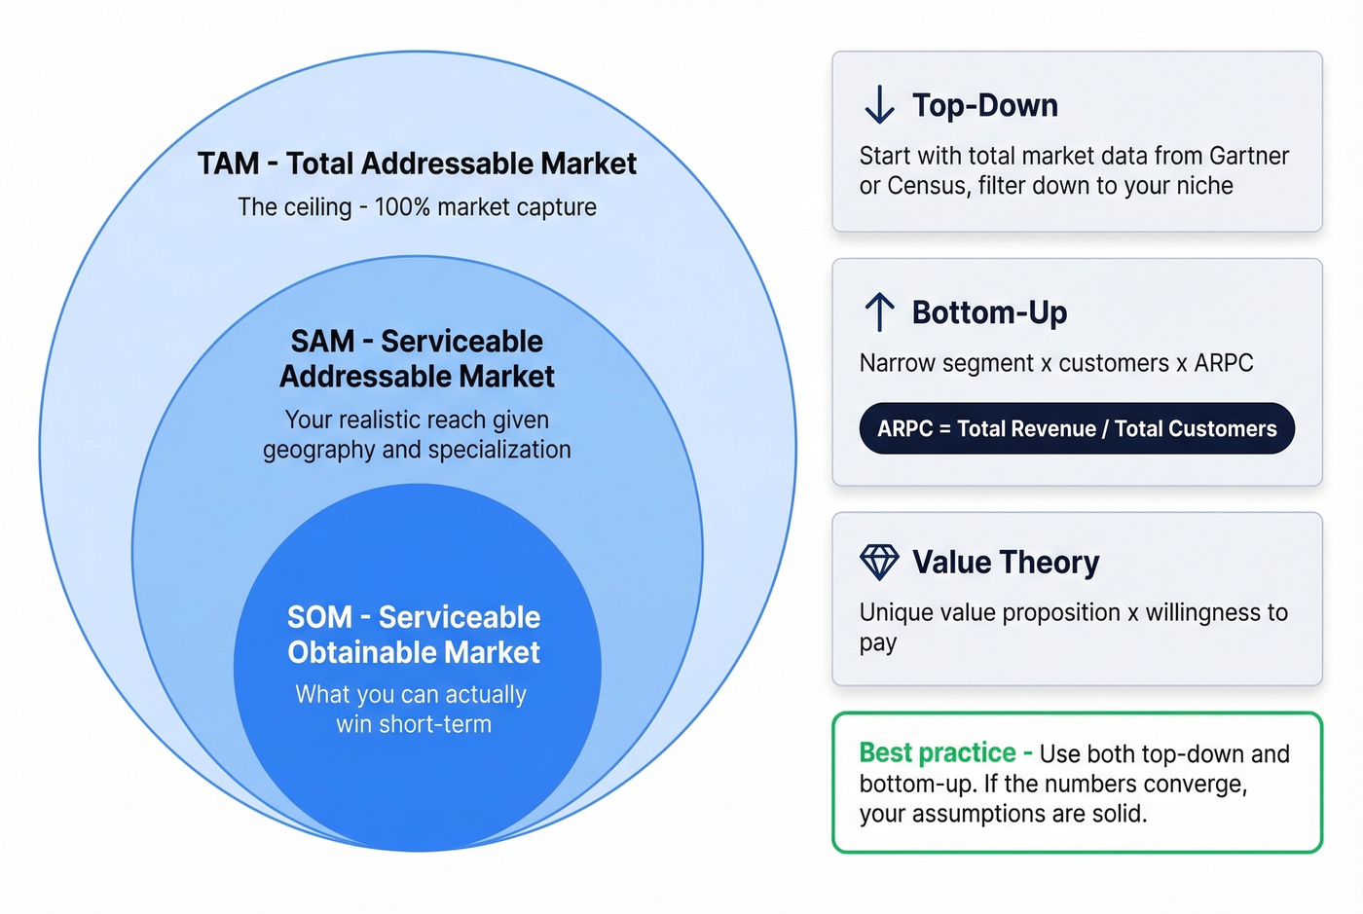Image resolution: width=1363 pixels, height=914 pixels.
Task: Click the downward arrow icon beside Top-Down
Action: (x=879, y=104)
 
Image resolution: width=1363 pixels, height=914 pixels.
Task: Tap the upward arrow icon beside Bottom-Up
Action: (x=879, y=311)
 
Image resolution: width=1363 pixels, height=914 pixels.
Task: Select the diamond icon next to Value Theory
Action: (x=879, y=562)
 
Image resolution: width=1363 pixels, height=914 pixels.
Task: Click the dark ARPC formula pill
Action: (x=1076, y=428)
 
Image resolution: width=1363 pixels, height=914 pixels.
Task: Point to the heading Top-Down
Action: (x=984, y=105)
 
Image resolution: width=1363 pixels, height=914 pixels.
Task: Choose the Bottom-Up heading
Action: (x=989, y=312)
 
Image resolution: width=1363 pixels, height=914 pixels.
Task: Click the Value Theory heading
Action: (x=1005, y=563)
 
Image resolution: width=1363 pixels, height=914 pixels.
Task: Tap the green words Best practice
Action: (x=937, y=752)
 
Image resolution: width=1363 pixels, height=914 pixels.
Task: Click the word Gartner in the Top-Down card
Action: (x=1248, y=156)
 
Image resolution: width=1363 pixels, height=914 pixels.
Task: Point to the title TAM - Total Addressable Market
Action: (x=417, y=164)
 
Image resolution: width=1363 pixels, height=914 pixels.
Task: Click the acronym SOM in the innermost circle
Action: (x=319, y=617)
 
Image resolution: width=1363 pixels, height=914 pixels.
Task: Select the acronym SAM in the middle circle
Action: (x=322, y=342)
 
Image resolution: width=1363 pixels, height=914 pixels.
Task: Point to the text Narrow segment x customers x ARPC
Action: (x=1055, y=363)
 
